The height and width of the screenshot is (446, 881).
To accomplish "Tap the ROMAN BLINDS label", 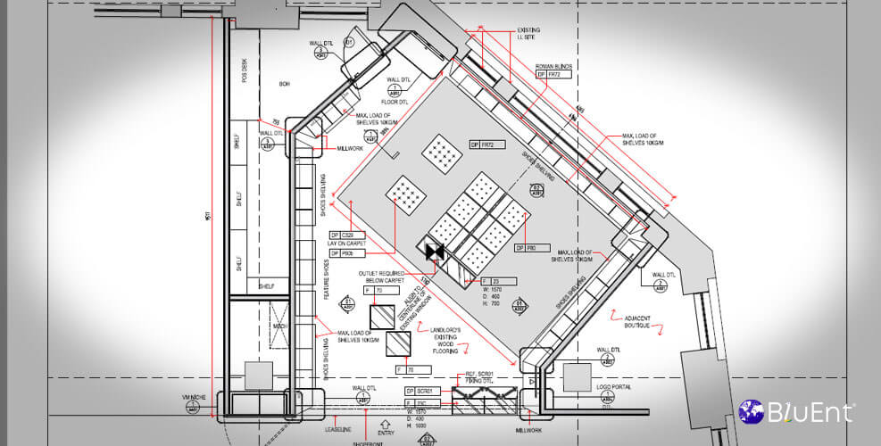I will pos(553,65).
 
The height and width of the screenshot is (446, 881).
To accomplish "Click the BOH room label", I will pos(285,84).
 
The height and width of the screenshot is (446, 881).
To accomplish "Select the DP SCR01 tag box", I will pos(422,391).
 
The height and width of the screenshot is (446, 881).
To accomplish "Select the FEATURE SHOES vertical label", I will pos(327,279).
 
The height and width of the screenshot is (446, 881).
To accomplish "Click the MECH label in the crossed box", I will pos(278,326).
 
